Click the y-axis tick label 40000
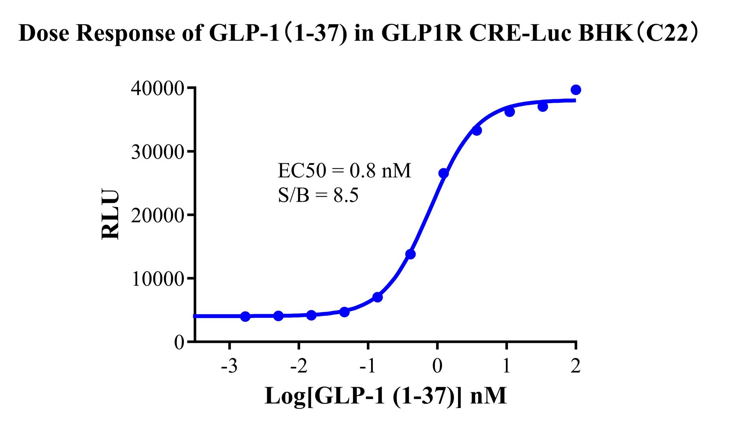click(x=157, y=89)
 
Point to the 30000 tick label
click(x=157, y=152)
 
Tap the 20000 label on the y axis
click(x=157, y=215)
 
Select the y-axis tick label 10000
click(x=157, y=279)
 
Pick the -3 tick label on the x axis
click(x=229, y=367)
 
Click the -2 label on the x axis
click(x=298, y=367)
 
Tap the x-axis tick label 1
click(x=506, y=367)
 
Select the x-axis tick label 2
click(x=575, y=367)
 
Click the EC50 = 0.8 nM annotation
click(x=344, y=171)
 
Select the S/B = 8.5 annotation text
click(x=318, y=195)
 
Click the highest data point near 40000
click(x=576, y=90)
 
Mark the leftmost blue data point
click(x=245, y=316)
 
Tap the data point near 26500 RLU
click(x=443, y=173)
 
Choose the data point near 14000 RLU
click(x=410, y=254)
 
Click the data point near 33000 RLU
click(x=477, y=130)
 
